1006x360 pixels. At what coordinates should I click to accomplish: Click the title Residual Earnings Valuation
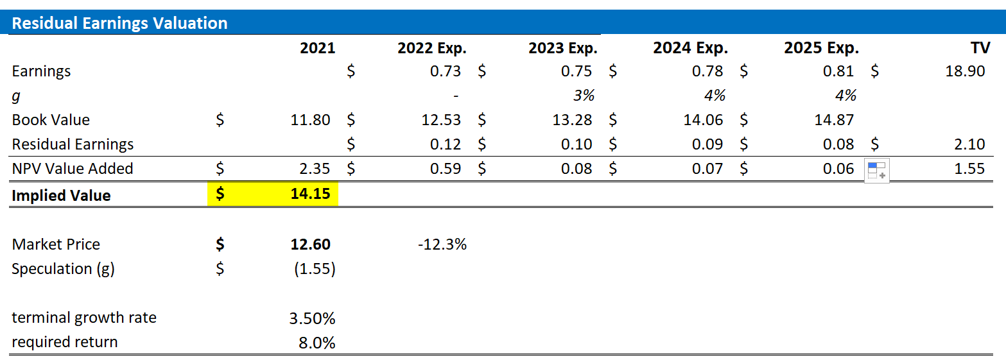(119, 24)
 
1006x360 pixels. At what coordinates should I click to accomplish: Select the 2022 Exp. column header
(431, 48)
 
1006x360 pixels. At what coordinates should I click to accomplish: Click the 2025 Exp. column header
(821, 48)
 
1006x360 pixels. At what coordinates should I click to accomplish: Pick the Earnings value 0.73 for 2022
(446, 71)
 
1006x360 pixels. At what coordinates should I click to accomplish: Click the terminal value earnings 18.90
(965, 71)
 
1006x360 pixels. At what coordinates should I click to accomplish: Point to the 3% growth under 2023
(584, 96)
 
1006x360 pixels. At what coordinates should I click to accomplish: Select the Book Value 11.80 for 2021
(310, 120)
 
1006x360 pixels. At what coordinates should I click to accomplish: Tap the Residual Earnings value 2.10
(969, 144)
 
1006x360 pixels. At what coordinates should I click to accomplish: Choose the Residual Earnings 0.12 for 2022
(446, 144)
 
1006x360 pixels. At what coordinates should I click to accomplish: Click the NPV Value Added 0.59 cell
(446, 169)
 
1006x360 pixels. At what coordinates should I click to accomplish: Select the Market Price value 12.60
(310, 244)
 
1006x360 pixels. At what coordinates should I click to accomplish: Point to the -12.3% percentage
(442, 244)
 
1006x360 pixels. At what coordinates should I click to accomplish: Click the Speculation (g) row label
(63, 269)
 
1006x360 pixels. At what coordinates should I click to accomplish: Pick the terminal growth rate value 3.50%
(313, 318)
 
